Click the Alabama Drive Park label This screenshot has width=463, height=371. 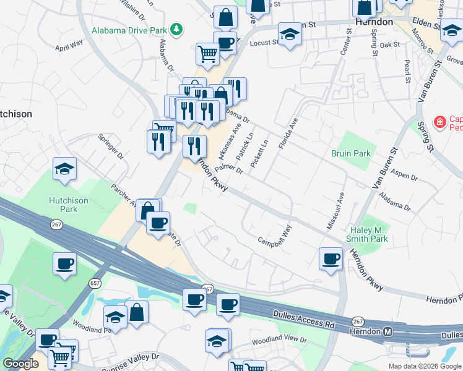point(129,30)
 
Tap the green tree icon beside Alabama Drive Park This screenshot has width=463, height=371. point(176,29)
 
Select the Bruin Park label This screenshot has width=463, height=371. point(350,153)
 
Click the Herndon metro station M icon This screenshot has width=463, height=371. point(388,332)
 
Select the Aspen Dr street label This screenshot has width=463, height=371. point(405,176)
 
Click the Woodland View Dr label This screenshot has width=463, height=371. point(279,341)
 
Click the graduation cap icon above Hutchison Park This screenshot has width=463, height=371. point(64,169)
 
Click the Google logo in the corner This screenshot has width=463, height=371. point(20,364)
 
